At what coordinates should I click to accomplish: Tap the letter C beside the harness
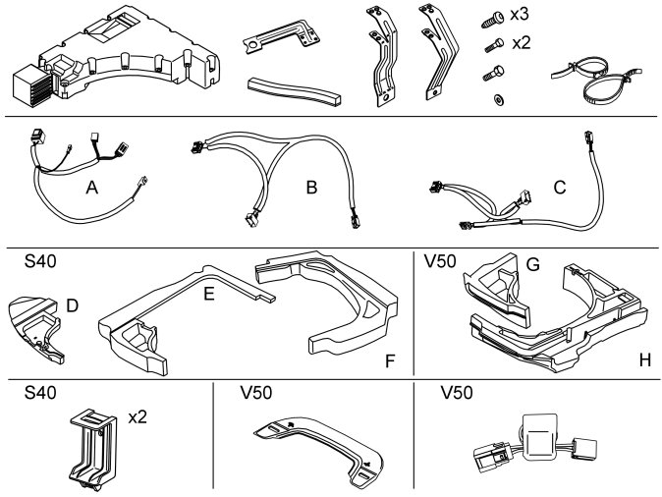(559, 185)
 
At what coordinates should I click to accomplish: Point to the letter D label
(72, 306)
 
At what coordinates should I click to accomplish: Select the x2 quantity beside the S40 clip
(138, 417)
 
